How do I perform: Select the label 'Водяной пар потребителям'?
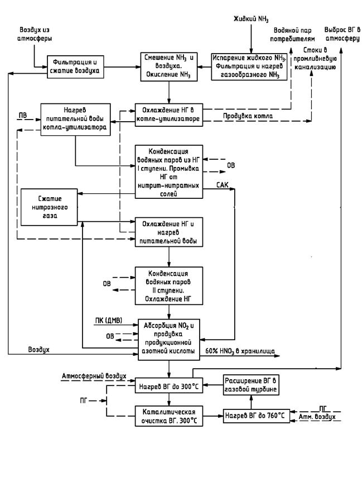click(292, 35)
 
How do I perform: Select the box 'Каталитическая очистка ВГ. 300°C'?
click(168, 416)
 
